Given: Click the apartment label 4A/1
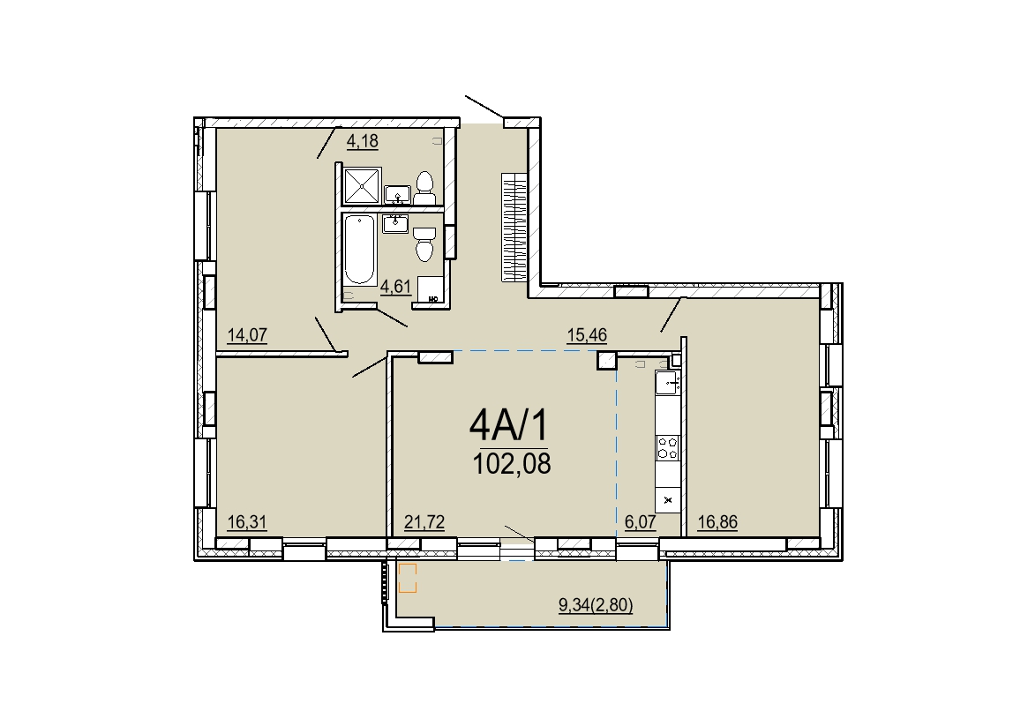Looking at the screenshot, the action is (508, 426).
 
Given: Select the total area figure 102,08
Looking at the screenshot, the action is (512, 464).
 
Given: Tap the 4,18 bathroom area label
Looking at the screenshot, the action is (363, 141).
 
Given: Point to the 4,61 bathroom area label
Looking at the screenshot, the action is (396, 287).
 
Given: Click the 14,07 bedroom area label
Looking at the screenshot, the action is (247, 335).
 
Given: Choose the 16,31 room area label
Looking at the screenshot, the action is (247, 522).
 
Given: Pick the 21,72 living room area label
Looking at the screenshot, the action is (424, 522).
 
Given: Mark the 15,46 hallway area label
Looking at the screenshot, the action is (587, 335).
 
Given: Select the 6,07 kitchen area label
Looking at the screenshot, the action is (641, 522).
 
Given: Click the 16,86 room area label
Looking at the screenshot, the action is (718, 522).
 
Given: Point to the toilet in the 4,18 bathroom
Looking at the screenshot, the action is (425, 188).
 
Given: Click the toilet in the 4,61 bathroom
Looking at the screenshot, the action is (424, 243).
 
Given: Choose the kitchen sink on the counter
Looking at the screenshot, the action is (667, 381).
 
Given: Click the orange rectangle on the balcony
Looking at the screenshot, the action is (408, 578).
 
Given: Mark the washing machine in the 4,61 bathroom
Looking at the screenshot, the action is (430, 290).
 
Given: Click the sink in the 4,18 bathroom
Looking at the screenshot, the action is (397, 195).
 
